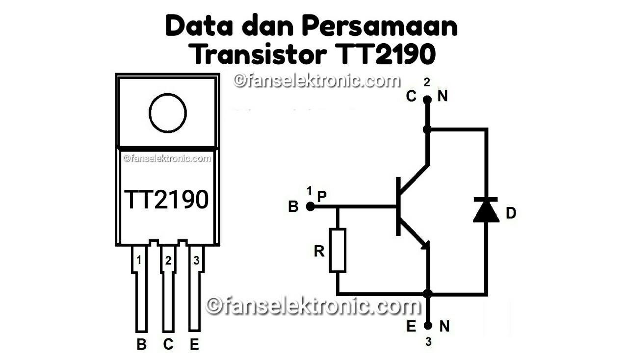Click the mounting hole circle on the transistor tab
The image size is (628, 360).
168,113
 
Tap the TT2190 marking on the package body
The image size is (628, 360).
167,199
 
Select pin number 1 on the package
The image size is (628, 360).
139,260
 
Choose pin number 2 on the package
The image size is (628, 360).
168,260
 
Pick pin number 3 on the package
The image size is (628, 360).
196,260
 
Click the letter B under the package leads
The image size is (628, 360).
141,345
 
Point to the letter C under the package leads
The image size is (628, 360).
168,345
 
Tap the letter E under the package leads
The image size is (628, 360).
195,345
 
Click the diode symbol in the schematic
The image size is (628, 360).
486,210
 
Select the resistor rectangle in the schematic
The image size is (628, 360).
338,250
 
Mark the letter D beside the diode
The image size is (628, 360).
511,213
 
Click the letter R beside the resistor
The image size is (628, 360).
319,252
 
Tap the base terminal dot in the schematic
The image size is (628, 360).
310,207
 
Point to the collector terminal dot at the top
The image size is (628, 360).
427,100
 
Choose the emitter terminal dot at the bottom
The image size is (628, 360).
428,325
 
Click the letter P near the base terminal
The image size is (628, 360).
322,196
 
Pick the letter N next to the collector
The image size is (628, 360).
443,97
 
